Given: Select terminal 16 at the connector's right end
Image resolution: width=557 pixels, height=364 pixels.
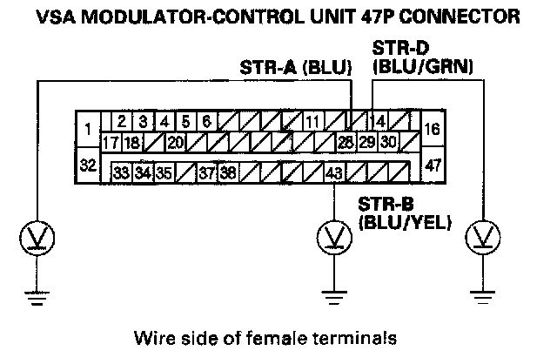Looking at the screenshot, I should (x=433, y=130).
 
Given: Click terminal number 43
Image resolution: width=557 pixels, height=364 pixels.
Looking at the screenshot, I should (x=333, y=173).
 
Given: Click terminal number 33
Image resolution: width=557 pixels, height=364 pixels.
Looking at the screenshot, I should (x=123, y=173).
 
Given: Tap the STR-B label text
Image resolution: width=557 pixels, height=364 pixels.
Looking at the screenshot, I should (x=385, y=206).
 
